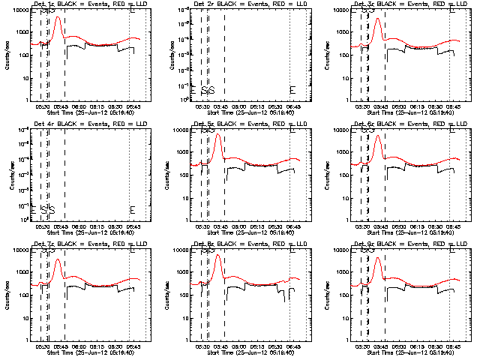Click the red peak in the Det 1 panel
tap(58, 17)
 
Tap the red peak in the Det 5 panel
tap(218, 135)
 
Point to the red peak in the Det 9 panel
tap(378, 258)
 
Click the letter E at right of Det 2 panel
tap(292, 90)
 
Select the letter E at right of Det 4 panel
tap(132, 209)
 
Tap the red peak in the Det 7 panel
tap(58, 259)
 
